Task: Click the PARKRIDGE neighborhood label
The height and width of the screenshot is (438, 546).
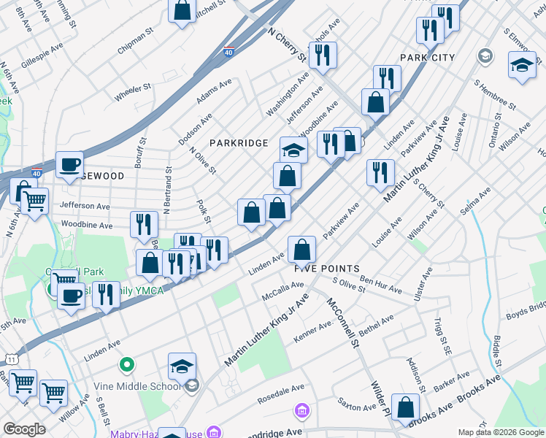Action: click(239, 143)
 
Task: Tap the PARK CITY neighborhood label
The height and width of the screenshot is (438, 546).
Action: click(427, 58)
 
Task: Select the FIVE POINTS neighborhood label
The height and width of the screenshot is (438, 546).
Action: click(327, 269)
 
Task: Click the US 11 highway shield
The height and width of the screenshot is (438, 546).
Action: click(12, 358)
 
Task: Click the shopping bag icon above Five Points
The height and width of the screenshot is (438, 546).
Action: click(301, 250)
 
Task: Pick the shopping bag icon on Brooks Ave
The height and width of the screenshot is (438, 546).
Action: click(405, 407)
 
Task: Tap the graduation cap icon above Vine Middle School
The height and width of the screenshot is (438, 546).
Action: click(182, 366)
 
